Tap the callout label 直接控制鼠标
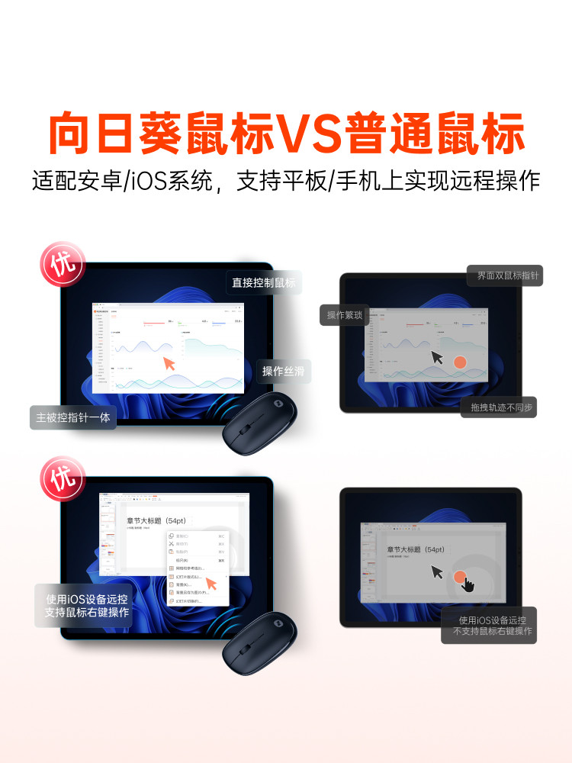(264, 283)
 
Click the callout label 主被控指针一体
(73, 417)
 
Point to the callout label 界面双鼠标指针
(504, 275)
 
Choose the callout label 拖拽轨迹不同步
(499, 407)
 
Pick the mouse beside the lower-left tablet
(259, 645)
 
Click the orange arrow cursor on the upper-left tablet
(170, 363)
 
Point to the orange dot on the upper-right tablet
(460, 362)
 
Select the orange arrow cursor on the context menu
(211, 584)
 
